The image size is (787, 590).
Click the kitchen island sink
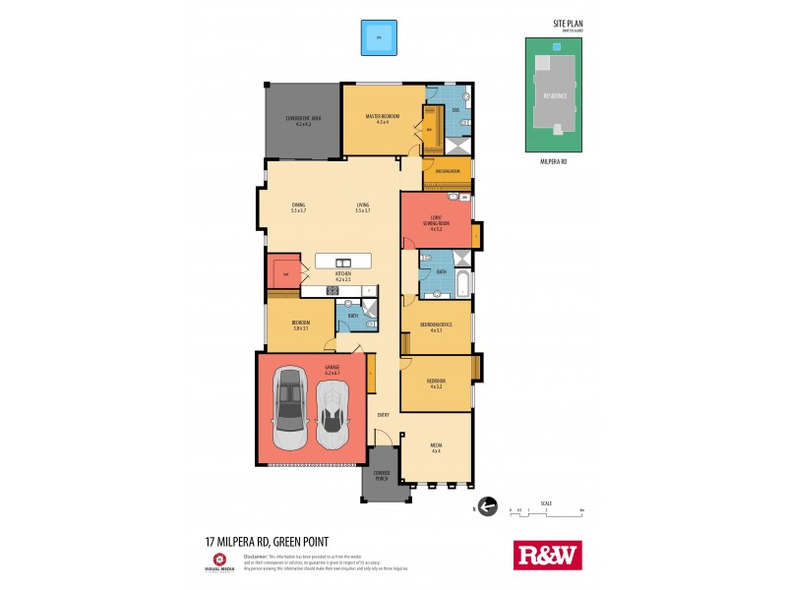click(x=342, y=262)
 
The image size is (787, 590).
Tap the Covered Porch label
click(x=381, y=475)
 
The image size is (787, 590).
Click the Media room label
click(x=436, y=447)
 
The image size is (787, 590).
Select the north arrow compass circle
click(x=483, y=508)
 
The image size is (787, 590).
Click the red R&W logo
click(x=548, y=555)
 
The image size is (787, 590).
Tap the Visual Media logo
click(x=219, y=560)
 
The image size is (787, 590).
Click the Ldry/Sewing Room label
click(x=436, y=224)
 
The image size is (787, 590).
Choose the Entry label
click(x=384, y=415)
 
